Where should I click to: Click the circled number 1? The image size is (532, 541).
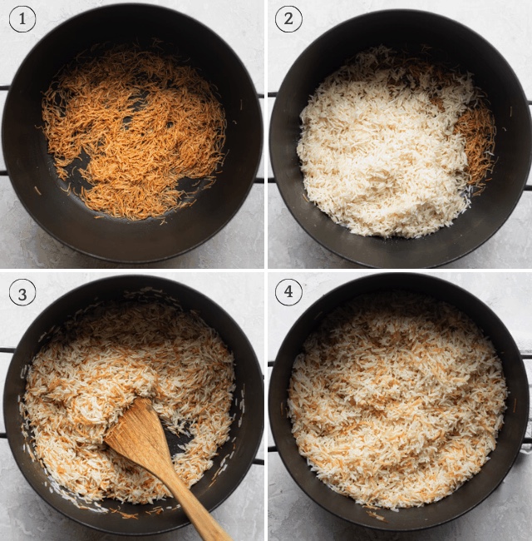[22, 19]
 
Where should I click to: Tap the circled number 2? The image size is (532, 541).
[288, 19]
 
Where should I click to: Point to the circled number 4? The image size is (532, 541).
[288, 293]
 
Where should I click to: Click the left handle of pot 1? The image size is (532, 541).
[4, 130]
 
